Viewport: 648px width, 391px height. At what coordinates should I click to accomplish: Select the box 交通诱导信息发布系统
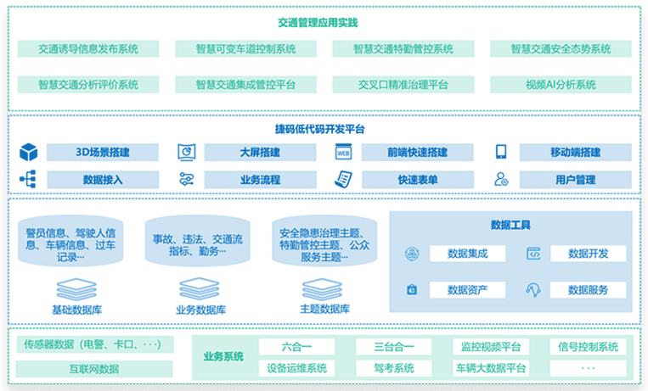coord(88,49)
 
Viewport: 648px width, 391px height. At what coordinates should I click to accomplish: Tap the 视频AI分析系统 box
coord(561,85)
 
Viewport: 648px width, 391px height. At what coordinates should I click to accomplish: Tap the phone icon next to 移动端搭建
coord(501,153)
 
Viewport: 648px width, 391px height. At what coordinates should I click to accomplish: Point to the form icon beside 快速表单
coord(343,180)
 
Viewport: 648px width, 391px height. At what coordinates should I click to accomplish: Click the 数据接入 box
coord(103,180)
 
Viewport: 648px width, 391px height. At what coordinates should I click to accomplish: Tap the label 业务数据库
coord(200,310)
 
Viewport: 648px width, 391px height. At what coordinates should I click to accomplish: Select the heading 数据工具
coord(510,225)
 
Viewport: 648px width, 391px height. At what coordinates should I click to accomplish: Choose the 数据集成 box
coord(467,254)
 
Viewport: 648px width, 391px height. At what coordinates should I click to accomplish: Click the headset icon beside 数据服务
coord(533,289)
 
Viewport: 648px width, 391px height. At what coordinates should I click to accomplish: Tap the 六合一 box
coord(296,347)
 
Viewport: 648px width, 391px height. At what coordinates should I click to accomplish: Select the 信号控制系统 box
coord(588,347)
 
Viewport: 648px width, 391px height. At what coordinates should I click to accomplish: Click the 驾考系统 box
coord(394,368)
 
